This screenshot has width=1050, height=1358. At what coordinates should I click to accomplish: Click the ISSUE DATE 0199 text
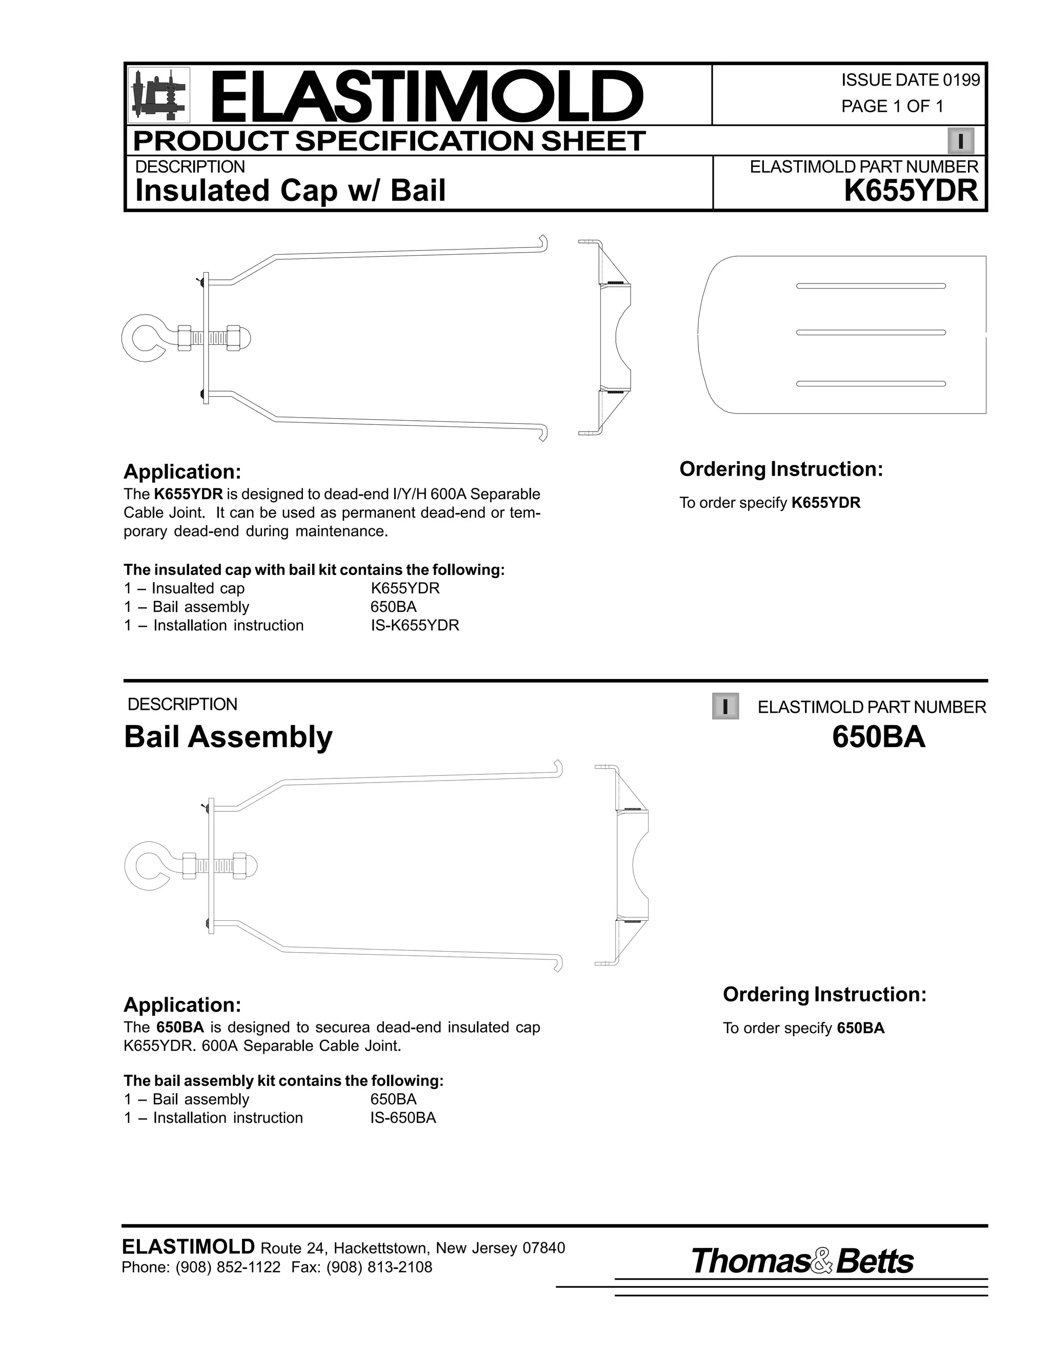[x=910, y=80]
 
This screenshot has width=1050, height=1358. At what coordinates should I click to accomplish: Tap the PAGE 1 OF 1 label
[x=892, y=106]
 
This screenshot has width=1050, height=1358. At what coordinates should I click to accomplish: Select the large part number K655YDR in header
[x=911, y=190]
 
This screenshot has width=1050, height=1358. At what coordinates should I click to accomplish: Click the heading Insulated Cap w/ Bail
[x=291, y=190]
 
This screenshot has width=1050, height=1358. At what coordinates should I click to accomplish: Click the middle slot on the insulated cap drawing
[x=871, y=333]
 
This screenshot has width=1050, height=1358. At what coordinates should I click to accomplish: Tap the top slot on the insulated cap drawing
[x=871, y=286]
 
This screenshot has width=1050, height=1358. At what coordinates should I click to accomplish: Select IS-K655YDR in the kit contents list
[x=415, y=626]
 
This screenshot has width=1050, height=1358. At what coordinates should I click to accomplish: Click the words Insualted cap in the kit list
[x=198, y=588]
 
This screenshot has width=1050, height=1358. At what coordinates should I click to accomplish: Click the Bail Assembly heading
[x=228, y=737]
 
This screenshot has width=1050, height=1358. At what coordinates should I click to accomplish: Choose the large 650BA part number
[x=878, y=737]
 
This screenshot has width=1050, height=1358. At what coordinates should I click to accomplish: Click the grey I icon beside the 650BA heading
[x=725, y=706]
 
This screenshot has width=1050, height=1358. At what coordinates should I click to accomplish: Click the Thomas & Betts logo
[x=802, y=1261]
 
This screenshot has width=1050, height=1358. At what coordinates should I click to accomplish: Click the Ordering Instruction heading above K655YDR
[x=781, y=469]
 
